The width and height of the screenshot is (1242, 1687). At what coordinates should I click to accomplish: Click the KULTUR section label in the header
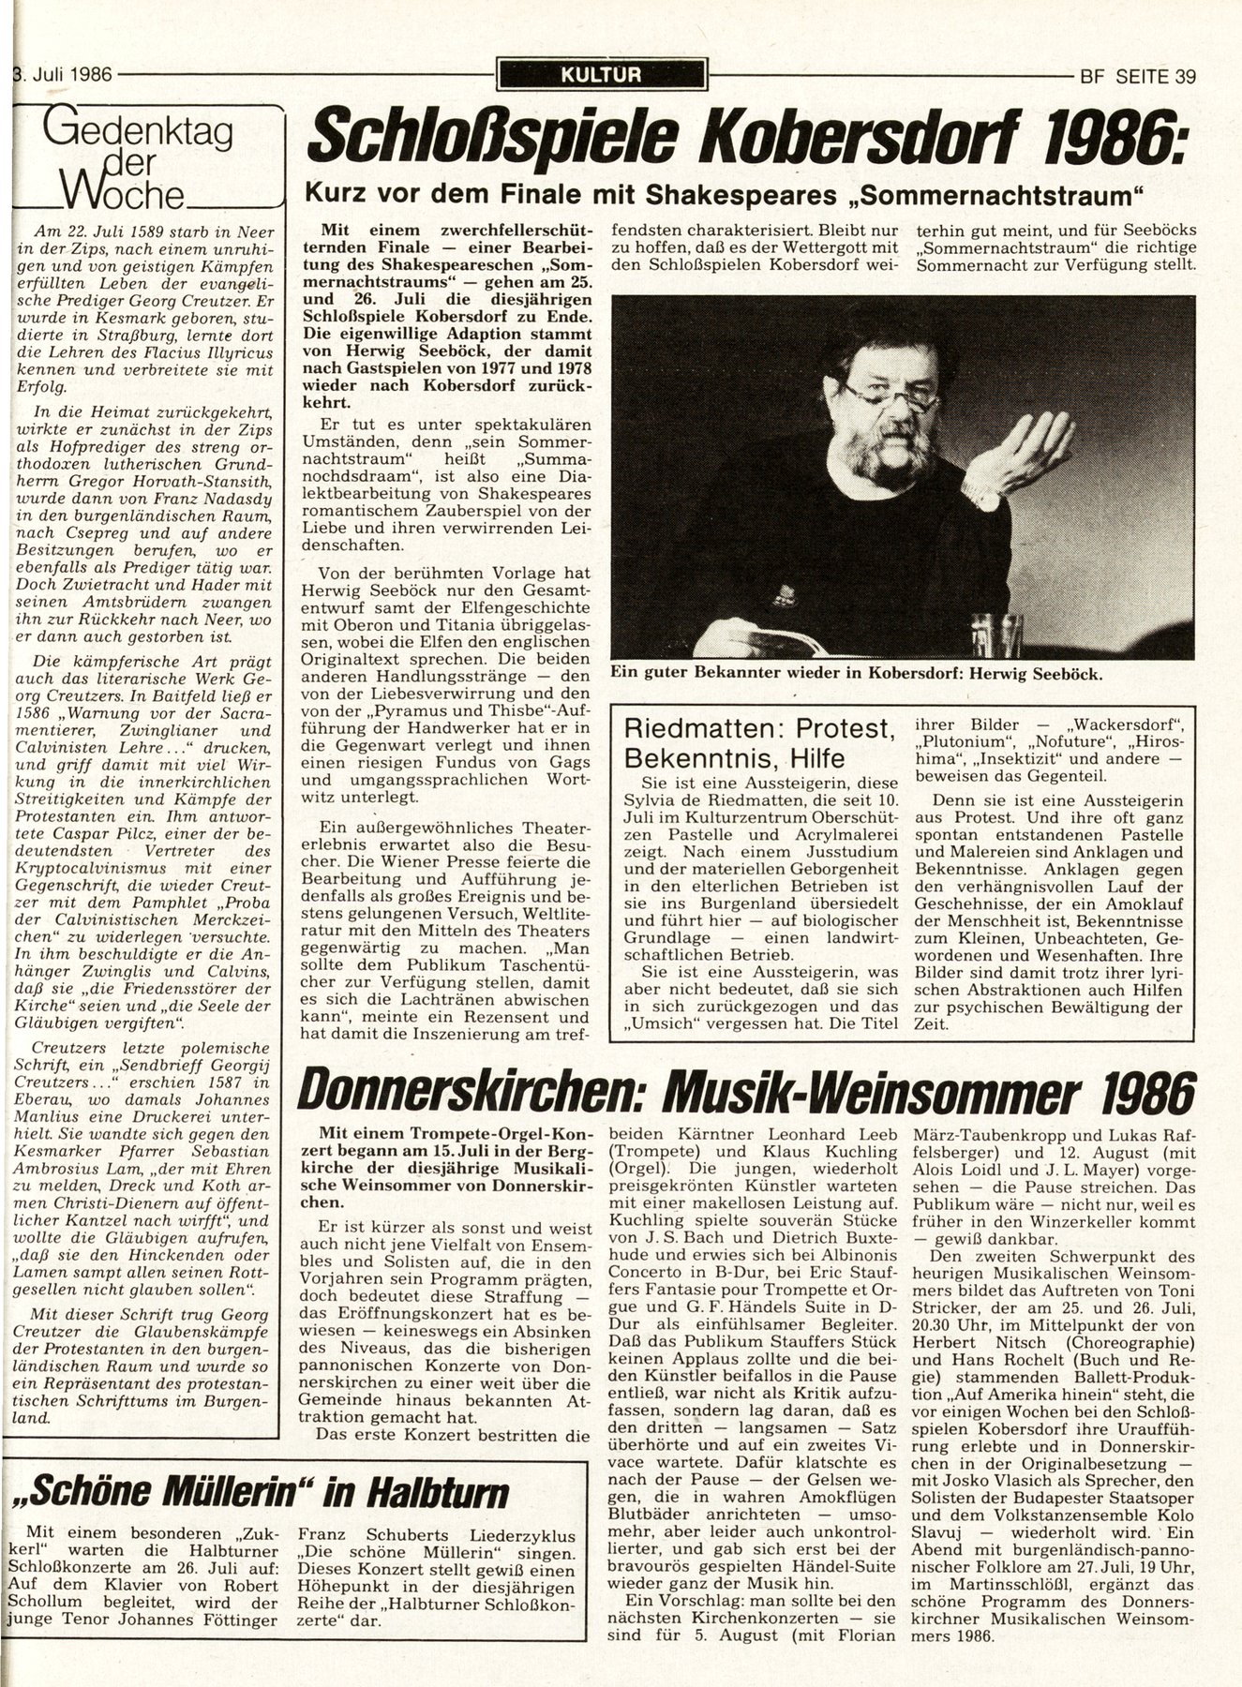602,75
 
